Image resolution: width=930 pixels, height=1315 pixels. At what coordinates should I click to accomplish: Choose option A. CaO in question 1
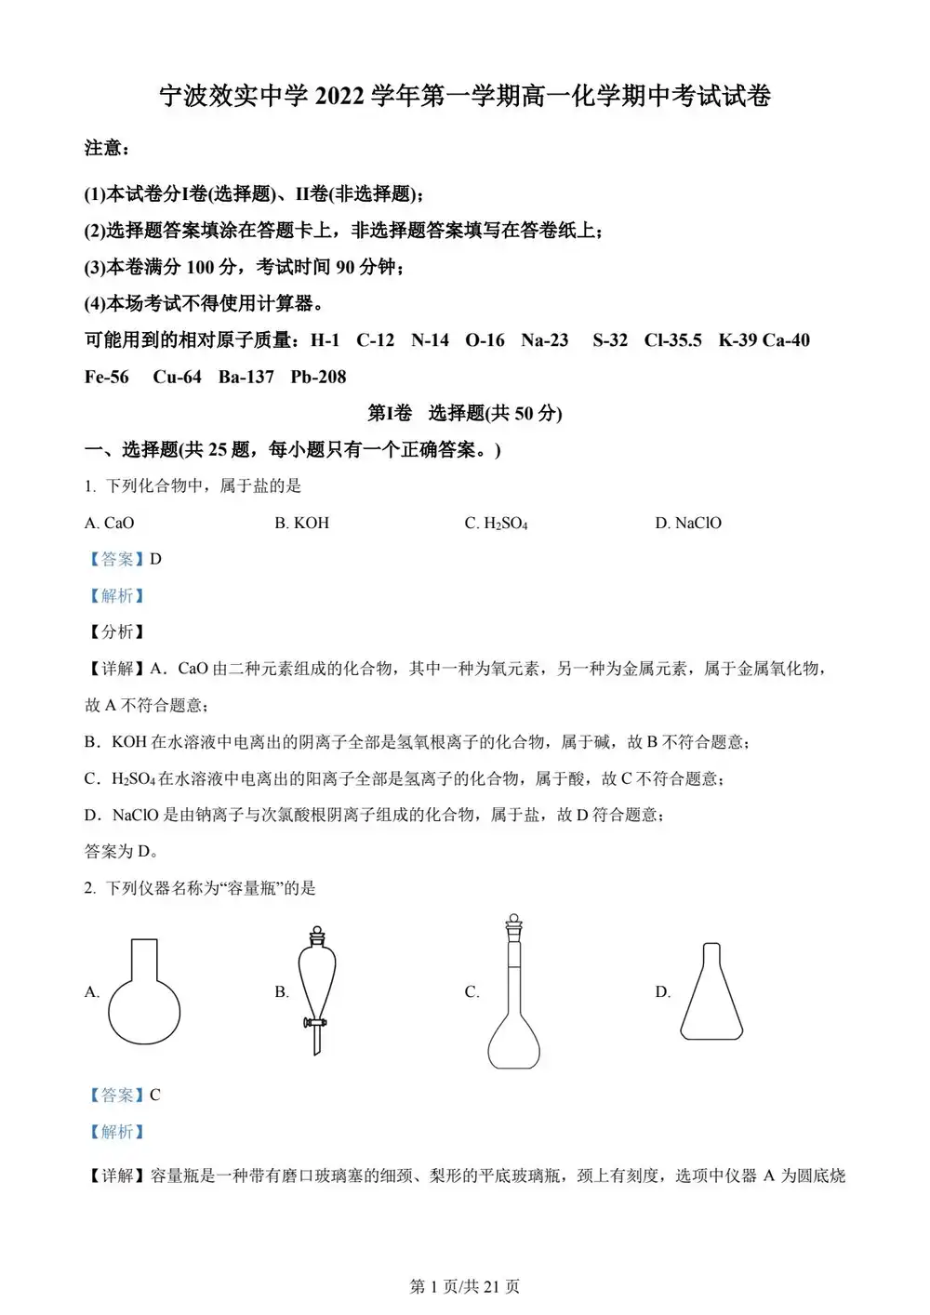click(x=110, y=524)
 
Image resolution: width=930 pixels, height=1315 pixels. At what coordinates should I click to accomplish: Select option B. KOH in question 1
click(x=302, y=524)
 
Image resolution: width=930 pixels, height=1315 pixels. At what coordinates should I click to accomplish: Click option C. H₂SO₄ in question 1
click(x=497, y=524)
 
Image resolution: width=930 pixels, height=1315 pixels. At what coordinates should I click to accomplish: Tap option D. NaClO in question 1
click(x=688, y=524)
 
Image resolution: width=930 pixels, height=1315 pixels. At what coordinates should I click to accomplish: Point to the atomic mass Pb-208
click(x=318, y=378)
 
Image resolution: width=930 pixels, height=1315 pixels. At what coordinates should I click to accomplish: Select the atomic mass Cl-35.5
click(x=672, y=340)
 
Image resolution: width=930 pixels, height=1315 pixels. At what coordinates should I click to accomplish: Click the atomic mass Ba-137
click(x=246, y=378)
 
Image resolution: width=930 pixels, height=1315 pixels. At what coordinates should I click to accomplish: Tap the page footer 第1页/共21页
click(x=465, y=1286)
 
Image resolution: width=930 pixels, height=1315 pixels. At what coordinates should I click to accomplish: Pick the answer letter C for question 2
click(x=155, y=1096)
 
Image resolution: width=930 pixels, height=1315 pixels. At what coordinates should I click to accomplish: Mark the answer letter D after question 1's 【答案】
click(x=155, y=559)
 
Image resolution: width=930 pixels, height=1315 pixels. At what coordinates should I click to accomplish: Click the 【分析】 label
click(x=116, y=632)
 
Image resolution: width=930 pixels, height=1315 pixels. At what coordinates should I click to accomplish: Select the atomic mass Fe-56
click(x=107, y=378)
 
